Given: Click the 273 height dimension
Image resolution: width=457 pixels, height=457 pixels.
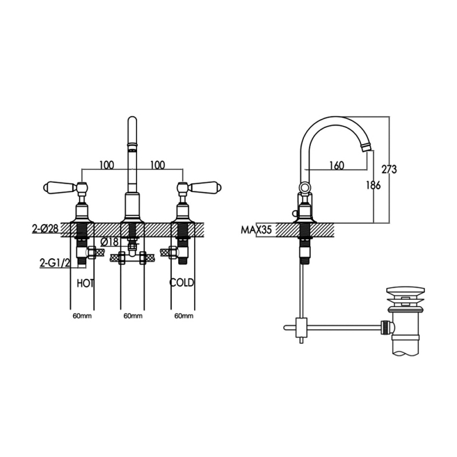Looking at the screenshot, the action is [x=390, y=169].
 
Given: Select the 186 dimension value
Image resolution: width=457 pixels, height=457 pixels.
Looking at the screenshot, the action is [x=374, y=185].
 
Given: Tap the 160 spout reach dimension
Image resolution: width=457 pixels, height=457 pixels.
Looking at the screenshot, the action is [x=336, y=166].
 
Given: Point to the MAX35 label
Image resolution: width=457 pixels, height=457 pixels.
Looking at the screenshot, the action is [x=256, y=230].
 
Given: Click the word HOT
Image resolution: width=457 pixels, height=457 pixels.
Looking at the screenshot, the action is [x=85, y=283].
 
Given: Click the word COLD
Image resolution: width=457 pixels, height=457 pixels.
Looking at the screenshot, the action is [x=182, y=282].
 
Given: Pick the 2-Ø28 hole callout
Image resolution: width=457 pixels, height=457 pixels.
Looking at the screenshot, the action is [x=46, y=228].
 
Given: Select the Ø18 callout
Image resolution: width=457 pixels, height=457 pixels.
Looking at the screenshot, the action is [x=109, y=242].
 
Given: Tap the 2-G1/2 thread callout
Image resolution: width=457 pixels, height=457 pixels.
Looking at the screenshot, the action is [x=55, y=263].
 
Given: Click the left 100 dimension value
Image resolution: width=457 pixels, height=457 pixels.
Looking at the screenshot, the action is [x=107, y=165].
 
